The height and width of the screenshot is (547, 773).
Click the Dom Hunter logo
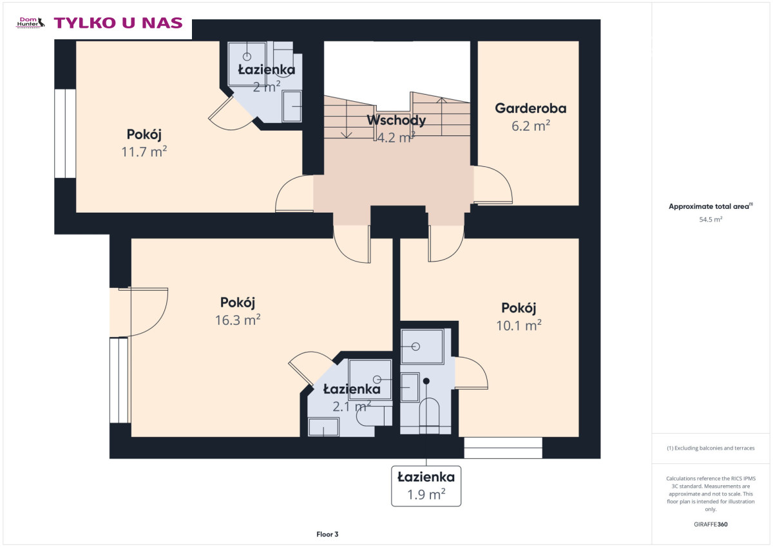tap(31, 23)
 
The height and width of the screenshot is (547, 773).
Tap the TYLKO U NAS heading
tap(118, 23)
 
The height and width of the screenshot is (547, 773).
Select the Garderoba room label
tap(530, 108)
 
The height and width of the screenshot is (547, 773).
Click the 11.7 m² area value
tap(144, 152)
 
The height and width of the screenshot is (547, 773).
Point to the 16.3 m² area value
tap(238, 320)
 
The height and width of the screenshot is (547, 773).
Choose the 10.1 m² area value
tap(519, 325)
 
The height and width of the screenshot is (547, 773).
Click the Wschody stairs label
tap(396, 120)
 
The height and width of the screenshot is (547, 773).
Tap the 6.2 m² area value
tap(531, 126)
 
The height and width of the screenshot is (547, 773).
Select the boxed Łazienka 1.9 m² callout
tap(426, 486)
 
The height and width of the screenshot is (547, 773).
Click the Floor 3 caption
tap(327, 534)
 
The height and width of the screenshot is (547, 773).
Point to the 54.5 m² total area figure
tap(711, 220)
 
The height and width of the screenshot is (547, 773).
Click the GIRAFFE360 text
tap(711, 524)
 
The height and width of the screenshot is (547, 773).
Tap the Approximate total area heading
tap(711, 206)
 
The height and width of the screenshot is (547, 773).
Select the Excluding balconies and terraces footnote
tap(711, 448)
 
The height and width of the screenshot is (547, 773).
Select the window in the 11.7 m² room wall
tap(65, 133)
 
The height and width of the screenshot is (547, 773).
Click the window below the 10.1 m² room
tap(503, 448)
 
